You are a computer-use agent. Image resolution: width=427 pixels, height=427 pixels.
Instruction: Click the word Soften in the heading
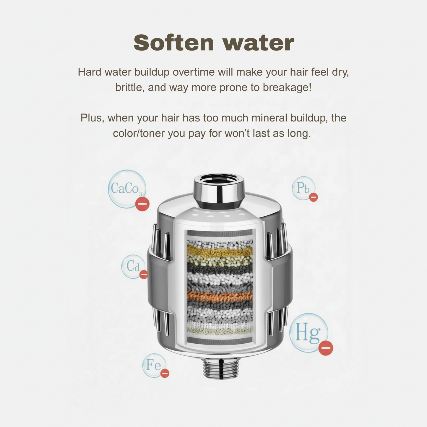click(173, 43)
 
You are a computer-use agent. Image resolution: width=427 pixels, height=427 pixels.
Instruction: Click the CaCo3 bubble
click(126, 189)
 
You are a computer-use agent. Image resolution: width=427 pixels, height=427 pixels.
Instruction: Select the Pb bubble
click(303, 188)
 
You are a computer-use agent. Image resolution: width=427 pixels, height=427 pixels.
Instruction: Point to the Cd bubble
click(133, 266)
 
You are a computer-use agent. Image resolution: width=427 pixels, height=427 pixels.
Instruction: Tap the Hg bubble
click(309, 332)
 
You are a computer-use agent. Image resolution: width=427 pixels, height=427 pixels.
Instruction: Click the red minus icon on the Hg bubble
click(326, 348)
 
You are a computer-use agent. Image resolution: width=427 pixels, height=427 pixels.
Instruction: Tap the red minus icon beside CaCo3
click(142, 204)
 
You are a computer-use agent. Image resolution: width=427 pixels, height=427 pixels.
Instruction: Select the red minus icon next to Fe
click(165, 373)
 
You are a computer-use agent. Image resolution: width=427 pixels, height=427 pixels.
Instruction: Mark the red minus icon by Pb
click(314, 197)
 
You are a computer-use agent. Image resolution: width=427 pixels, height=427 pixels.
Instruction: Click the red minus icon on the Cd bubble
click(144, 275)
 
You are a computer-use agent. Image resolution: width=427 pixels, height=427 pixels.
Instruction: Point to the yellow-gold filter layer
click(220, 252)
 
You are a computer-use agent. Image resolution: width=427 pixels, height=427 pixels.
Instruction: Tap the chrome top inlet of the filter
click(219, 189)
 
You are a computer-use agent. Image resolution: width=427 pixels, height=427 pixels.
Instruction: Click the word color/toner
click(139, 134)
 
